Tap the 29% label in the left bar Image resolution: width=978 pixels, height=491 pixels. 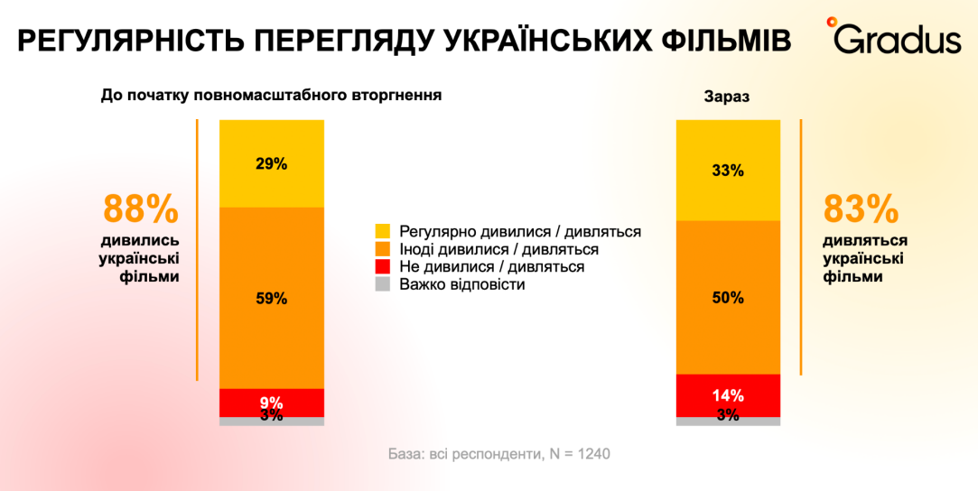271,163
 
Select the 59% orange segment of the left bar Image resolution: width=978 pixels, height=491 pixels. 271,298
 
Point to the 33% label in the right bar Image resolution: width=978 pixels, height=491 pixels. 727,170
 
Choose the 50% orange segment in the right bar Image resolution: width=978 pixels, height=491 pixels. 728,297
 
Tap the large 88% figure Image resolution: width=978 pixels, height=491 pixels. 141,209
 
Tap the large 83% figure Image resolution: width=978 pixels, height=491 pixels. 861,209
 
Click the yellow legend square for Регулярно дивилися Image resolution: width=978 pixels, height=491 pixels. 382,232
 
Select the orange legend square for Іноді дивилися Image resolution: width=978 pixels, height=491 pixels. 382,249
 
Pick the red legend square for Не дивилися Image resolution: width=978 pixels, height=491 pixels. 382,267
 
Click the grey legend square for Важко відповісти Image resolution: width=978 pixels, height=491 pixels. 382,284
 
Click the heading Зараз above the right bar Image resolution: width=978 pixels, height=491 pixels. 727,97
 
